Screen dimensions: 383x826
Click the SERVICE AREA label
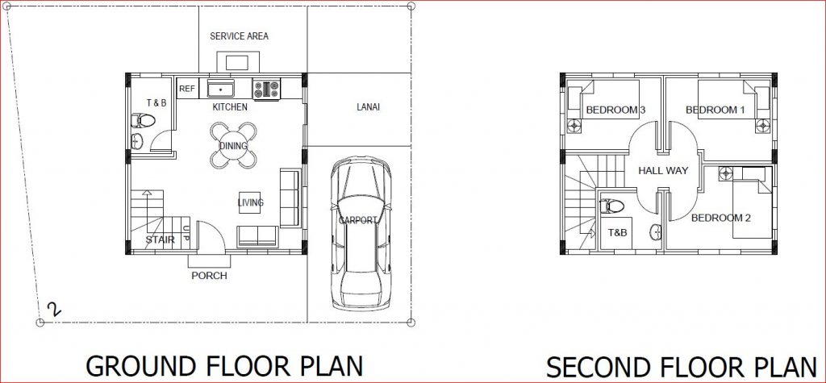pos(239,36)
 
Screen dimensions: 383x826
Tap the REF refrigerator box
pos(186,89)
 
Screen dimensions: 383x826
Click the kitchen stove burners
pos(267,88)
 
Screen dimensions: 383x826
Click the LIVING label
pos(250,202)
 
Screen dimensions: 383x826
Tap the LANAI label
pos(368,106)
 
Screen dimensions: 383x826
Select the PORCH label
pos(209,276)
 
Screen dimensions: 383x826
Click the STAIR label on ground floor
pos(159,239)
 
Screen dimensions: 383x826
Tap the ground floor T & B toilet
pos(144,122)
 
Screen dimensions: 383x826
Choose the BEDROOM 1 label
pos(715,110)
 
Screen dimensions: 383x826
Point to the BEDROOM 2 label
pos(721,218)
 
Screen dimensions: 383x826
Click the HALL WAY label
pos(663,171)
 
